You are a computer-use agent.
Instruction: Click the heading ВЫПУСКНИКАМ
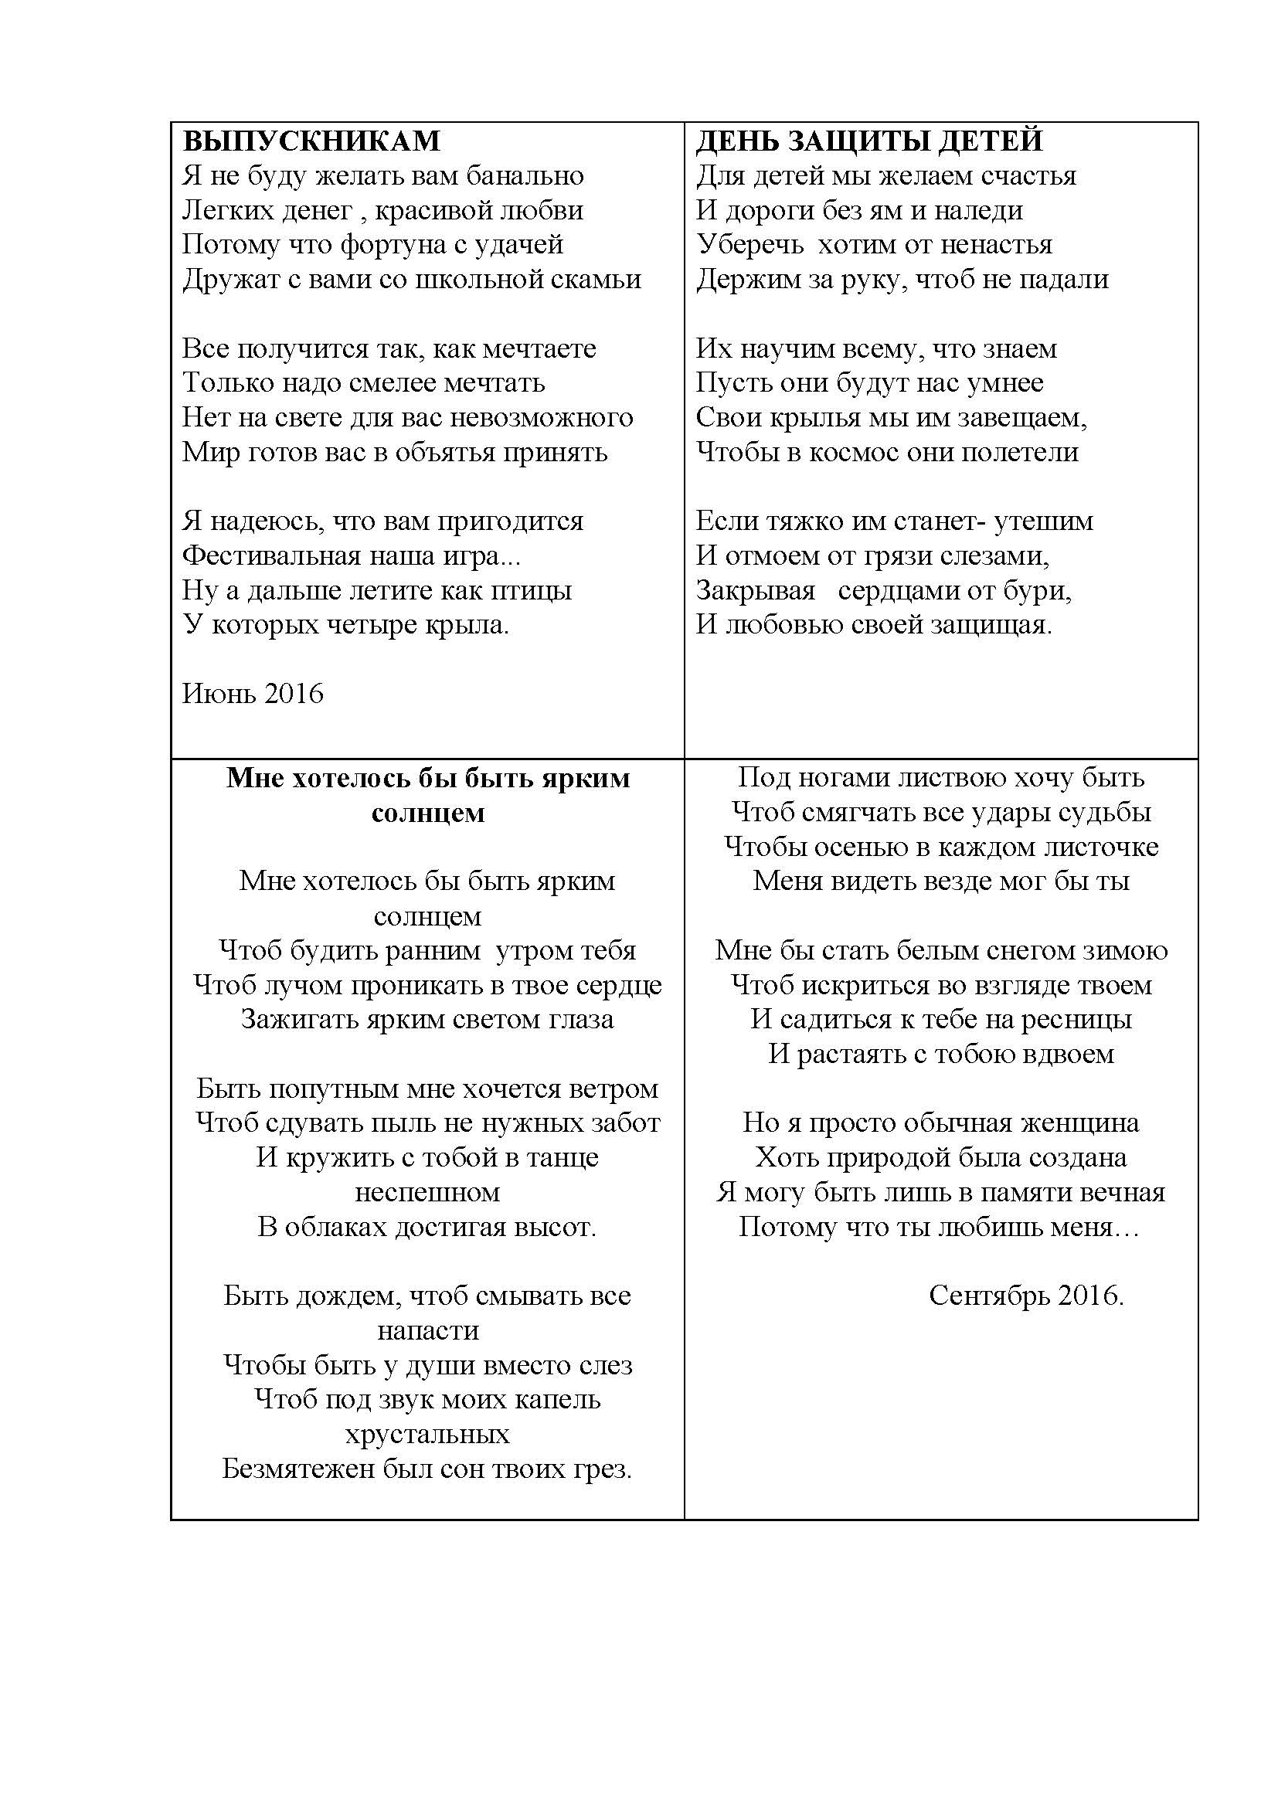click(311, 141)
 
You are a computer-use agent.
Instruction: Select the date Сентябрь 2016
click(1025, 1296)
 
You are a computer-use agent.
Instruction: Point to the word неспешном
click(427, 1192)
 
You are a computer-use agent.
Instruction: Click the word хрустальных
click(427, 1435)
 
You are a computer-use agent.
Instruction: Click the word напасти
click(427, 1331)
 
